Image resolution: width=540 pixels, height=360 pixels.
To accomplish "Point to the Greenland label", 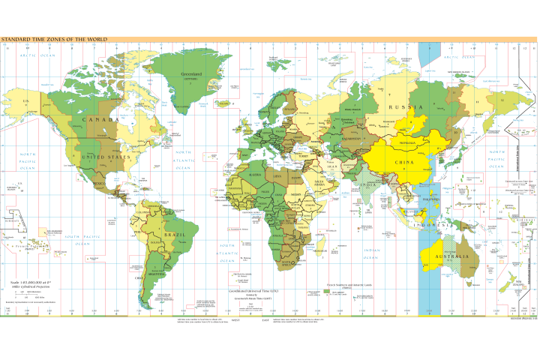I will [193, 74].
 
